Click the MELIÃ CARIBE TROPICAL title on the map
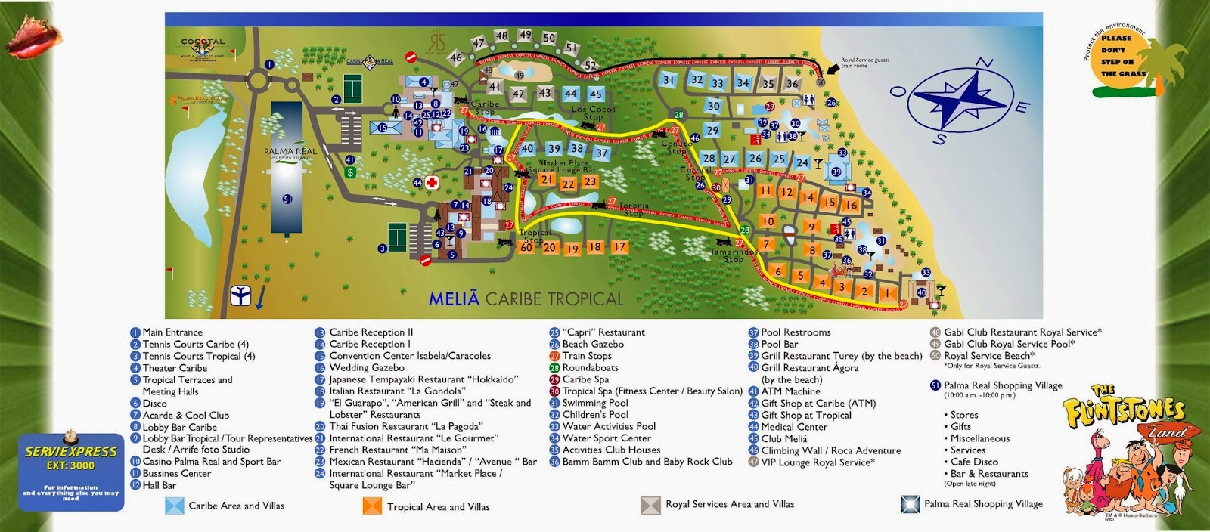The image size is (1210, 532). coord(526,298)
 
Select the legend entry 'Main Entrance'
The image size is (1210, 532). coord(172,332)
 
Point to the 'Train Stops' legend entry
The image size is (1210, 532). coord(586,356)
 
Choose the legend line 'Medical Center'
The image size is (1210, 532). coord(793,427)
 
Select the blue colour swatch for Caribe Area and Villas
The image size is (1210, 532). coord(175,506)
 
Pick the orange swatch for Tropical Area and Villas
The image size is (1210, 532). coord(372,506)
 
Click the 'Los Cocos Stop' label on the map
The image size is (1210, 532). coord(594,113)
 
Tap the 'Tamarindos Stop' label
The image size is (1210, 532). coord(733,255)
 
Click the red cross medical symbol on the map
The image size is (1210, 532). coord(432,182)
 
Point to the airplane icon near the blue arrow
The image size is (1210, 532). coord(240,295)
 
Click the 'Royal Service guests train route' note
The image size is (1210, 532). coord(865,63)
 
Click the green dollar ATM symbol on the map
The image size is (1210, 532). coord(350,172)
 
